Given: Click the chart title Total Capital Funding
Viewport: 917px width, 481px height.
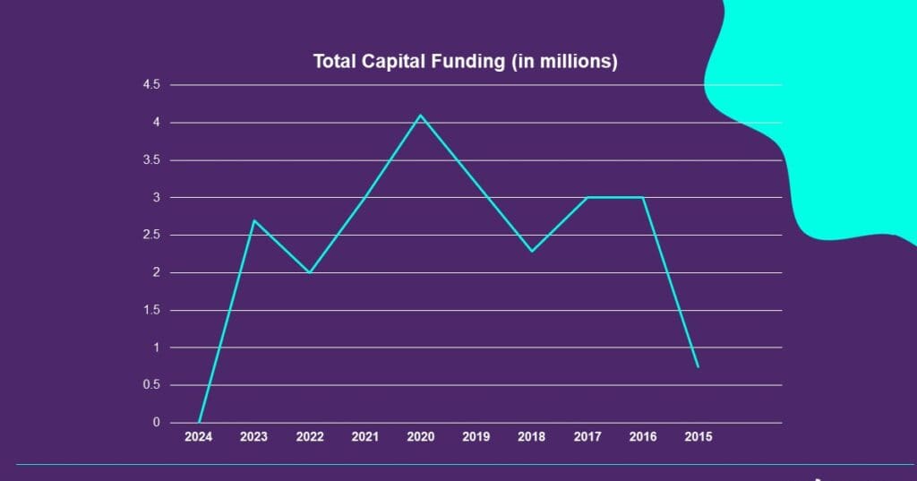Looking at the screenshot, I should click(x=465, y=62).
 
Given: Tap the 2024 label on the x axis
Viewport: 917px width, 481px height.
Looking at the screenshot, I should click(x=199, y=437).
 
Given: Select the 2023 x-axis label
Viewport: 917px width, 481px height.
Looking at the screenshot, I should click(x=254, y=437).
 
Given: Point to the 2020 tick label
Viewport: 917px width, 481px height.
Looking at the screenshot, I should click(x=421, y=437).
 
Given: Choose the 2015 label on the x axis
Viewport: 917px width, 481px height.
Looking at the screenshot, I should click(x=698, y=437).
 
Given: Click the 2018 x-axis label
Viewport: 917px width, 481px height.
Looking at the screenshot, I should click(x=532, y=437).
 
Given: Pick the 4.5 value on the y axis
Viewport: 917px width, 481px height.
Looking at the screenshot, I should click(x=150, y=85).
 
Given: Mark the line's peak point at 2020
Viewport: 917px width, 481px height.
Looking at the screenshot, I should click(x=421, y=116).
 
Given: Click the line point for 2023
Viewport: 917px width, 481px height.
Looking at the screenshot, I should click(x=254, y=220).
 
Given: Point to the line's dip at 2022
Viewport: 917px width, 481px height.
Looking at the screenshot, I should click(x=310, y=272).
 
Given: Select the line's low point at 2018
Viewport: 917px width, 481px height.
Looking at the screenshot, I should click(x=532, y=251).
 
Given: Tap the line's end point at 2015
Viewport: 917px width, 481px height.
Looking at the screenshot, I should click(x=698, y=366).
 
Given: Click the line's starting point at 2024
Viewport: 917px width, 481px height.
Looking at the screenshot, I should click(x=199, y=422).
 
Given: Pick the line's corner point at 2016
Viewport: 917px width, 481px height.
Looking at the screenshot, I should click(x=643, y=198).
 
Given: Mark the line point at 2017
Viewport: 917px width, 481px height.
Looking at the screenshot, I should click(x=587, y=198).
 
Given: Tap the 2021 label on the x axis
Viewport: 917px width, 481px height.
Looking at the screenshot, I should click(x=365, y=437).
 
